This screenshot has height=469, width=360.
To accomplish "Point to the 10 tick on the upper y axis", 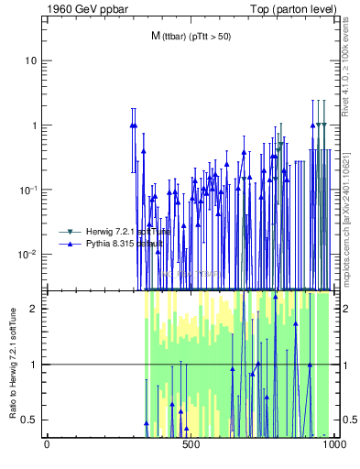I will pyautogui.click(x=30, y=60).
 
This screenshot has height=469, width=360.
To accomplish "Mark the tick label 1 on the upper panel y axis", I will pyautogui.click(x=33, y=125).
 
